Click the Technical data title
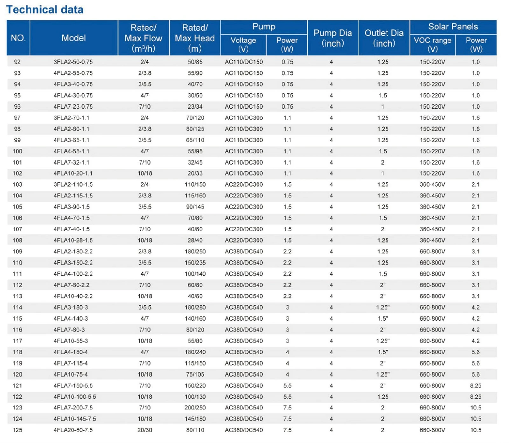pyautogui.click(x=45, y=10)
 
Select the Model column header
pyautogui.click(x=74, y=38)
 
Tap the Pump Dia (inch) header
pyautogui.click(x=333, y=38)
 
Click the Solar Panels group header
pyautogui.click(x=453, y=27)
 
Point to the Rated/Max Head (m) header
pyautogui.click(x=195, y=38)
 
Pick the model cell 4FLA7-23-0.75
pyautogui.click(x=73, y=107)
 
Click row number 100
pyautogui.click(x=17, y=151)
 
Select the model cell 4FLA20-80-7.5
pyautogui.click(x=73, y=430)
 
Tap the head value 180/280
pyautogui.click(x=195, y=307)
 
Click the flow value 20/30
pyautogui.click(x=145, y=430)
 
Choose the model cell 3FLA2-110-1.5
pyautogui.click(x=73, y=185)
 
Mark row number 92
pyautogui.click(x=17, y=62)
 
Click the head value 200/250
pyautogui.click(x=195, y=408)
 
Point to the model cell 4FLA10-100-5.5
pyautogui.click(x=75, y=397)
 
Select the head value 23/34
pyautogui.click(x=195, y=107)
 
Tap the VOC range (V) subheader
pyautogui.click(x=432, y=44)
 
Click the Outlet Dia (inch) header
pyautogui.click(x=384, y=38)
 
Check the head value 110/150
pyautogui.click(x=195, y=185)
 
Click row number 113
pyautogui.click(x=17, y=296)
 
